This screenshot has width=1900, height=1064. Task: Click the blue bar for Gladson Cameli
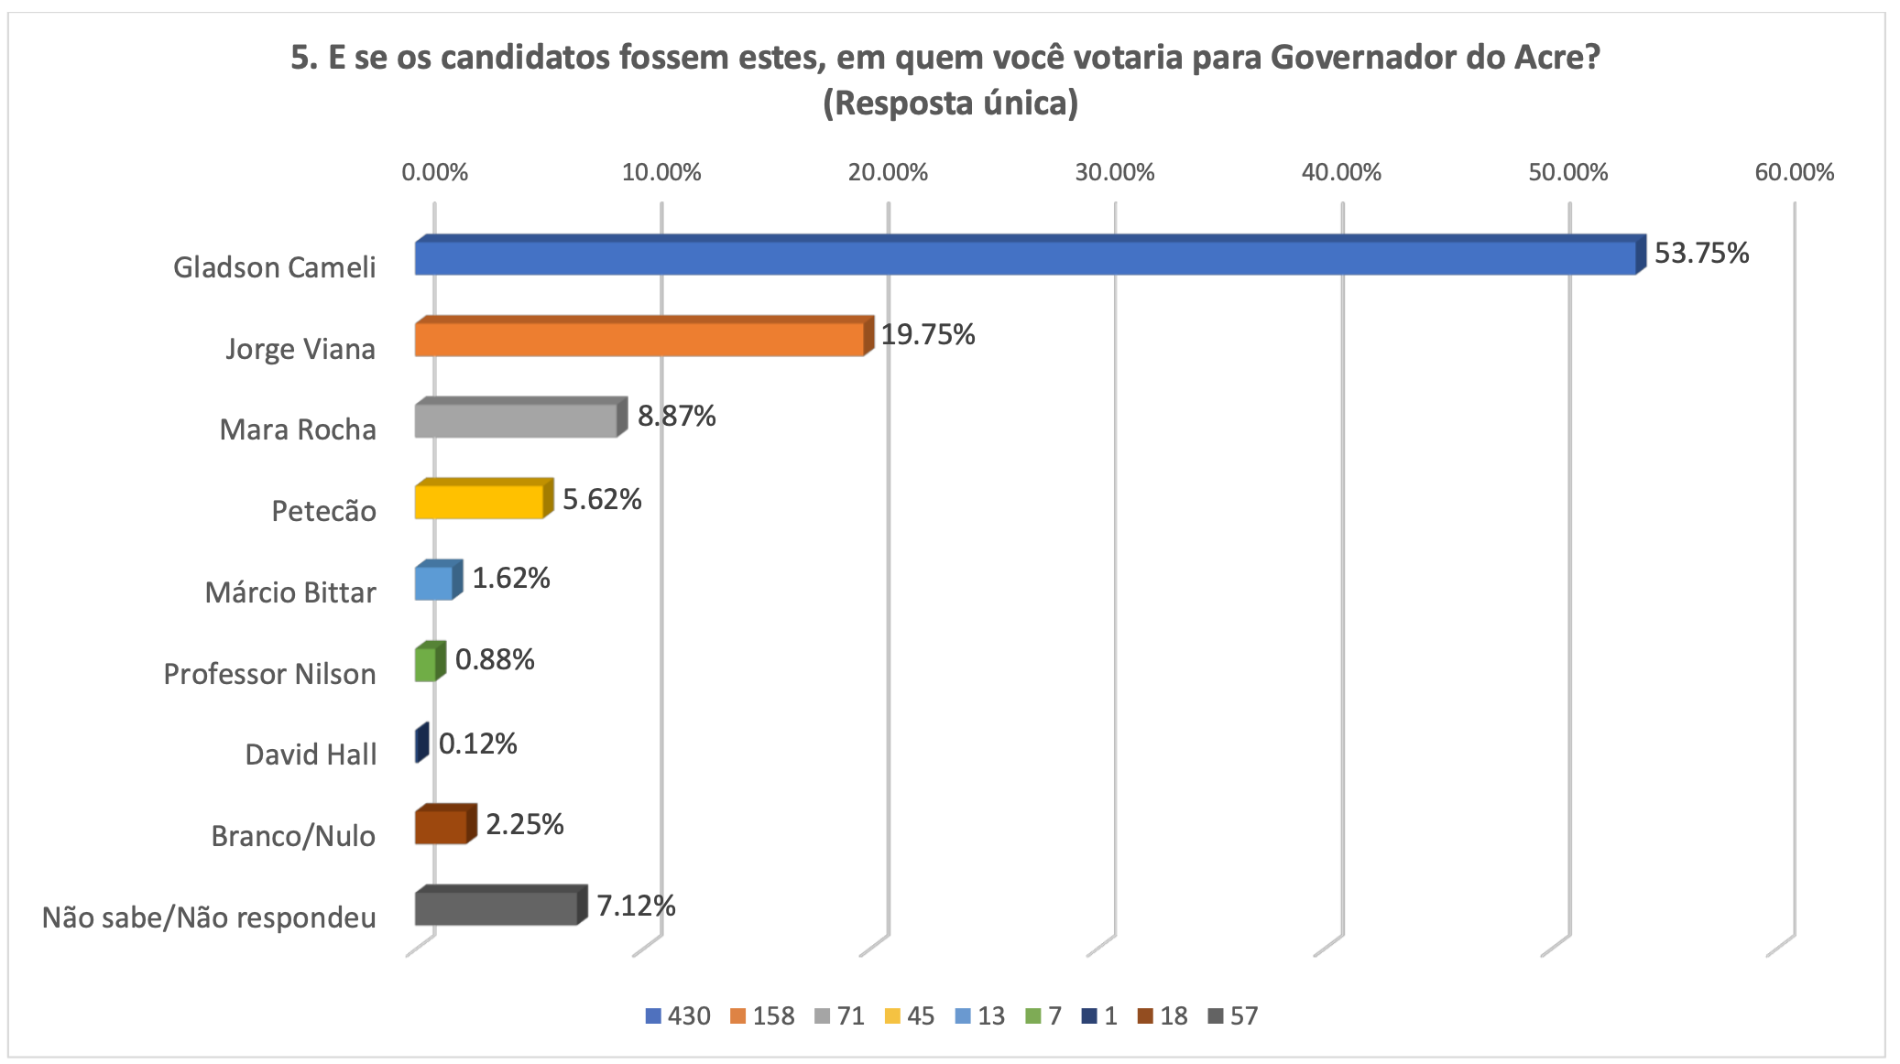(1024, 257)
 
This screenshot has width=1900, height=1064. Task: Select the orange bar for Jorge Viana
(639, 339)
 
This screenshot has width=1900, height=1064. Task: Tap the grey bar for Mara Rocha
(516, 420)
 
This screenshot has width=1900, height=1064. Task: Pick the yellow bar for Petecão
(478, 502)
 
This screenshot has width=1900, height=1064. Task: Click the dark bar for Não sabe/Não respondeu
(496, 907)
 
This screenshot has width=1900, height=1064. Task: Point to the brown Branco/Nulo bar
(441, 827)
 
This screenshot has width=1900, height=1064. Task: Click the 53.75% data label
(1701, 253)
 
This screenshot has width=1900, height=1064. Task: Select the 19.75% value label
(927, 334)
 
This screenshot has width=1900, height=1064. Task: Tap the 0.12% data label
(477, 744)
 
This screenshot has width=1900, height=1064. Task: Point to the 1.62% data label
(510, 578)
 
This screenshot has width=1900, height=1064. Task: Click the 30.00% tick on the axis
(1114, 172)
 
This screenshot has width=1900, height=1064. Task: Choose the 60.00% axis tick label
(1794, 172)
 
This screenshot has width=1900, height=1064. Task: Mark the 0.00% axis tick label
(434, 172)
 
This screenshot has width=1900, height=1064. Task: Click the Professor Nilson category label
(269, 674)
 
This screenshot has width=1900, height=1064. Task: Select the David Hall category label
(311, 755)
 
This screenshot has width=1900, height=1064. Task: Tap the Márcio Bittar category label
(289, 592)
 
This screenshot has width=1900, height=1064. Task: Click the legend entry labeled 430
(678, 1016)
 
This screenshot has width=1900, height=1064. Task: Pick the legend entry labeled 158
(763, 1016)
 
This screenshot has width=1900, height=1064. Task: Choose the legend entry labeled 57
(1233, 1016)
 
